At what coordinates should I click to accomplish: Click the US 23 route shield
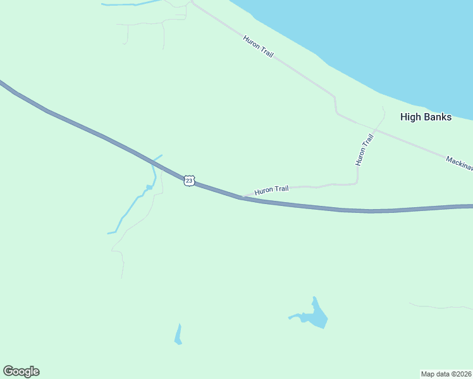point(190,180)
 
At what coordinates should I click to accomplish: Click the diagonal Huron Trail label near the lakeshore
point(258,47)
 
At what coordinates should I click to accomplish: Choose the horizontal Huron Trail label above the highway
point(271,189)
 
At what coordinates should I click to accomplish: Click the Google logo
point(21,371)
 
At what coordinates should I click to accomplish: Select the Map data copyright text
point(446,373)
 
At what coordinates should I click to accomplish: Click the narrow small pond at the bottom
point(178,335)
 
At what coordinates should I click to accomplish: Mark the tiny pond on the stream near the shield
point(149,187)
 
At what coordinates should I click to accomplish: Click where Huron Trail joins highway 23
point(242,196)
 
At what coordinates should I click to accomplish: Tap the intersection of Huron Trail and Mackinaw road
point(374,130)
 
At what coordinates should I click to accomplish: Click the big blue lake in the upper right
point(379,38)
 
